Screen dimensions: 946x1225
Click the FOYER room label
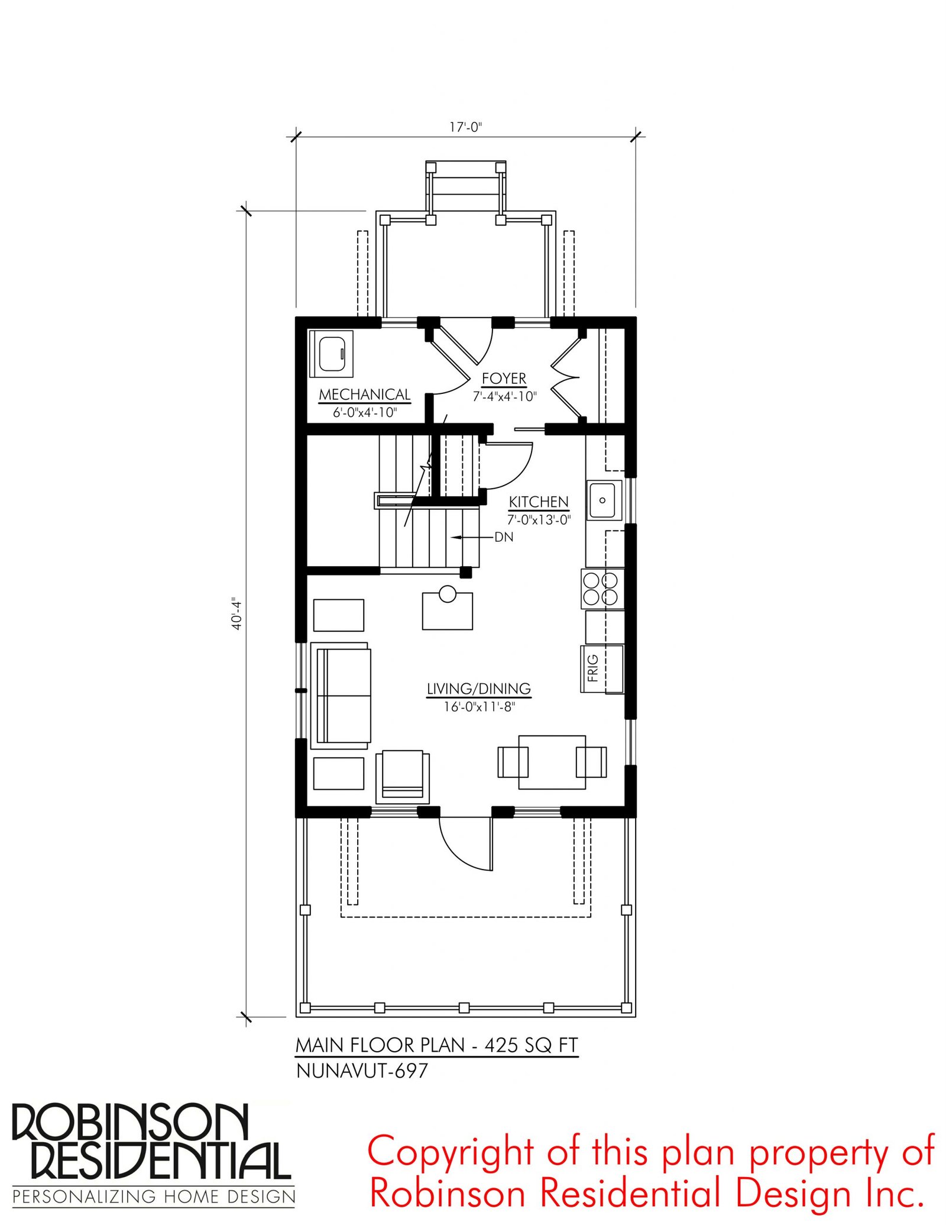pos(504,379)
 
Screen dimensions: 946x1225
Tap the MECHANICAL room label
pos(365,395)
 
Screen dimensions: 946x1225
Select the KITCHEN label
pos(539,502)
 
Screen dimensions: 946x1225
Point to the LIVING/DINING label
pos(479,689)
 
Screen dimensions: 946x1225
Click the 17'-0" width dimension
pos(466,127)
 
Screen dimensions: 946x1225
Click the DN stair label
pos(504,537)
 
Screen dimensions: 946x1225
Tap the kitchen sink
pos(604,500)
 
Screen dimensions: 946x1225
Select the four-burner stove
pos(602,589)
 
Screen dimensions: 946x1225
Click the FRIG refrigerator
pos(602,668)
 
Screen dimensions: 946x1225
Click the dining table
pos(552,762)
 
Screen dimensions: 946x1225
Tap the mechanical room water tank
pos(332,354)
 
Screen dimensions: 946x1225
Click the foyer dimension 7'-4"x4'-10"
pos(504,397)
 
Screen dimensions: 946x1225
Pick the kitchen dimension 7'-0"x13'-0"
pos(539,520)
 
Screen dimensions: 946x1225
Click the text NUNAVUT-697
pos(362,1071)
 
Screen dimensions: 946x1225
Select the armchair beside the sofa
pos(403,777)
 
